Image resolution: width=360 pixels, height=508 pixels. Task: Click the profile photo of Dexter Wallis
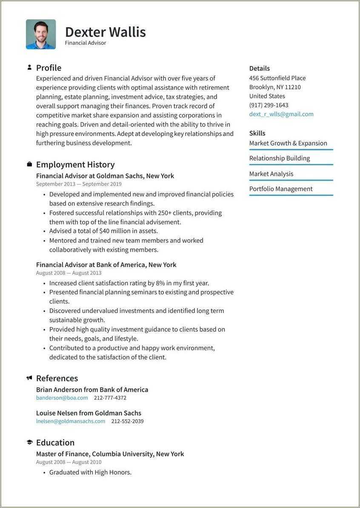point(41,34)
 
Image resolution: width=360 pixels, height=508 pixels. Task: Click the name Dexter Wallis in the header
point(105,32)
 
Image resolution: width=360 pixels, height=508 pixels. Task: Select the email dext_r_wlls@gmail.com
point(281,114)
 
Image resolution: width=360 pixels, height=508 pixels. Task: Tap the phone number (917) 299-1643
point(269,105)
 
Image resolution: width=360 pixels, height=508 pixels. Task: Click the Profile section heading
point(49,68)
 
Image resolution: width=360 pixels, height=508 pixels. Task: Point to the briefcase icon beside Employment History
point(29,164)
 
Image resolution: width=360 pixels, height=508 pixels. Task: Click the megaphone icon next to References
point(29,378)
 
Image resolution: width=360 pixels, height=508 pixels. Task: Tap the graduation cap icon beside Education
point(29,442)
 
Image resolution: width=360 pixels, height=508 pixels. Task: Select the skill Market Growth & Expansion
point(288,143)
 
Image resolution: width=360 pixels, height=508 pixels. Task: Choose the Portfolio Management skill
point(281,189)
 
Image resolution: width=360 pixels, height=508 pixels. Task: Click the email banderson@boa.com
point(62,398)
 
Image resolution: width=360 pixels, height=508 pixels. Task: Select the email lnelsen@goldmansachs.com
point(71,421)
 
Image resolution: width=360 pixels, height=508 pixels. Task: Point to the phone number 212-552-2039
point(127,421)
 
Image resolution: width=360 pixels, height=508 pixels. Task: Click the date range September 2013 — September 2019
point(79,184)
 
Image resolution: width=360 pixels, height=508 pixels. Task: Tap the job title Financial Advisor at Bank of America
point(106,264)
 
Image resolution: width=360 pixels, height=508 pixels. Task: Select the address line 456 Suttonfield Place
point(277,78)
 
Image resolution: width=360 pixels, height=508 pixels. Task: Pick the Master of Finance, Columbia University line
point(110,454)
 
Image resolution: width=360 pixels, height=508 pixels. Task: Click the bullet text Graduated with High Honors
point(90,472)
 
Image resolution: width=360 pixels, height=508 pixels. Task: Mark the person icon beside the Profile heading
point(29,67)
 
